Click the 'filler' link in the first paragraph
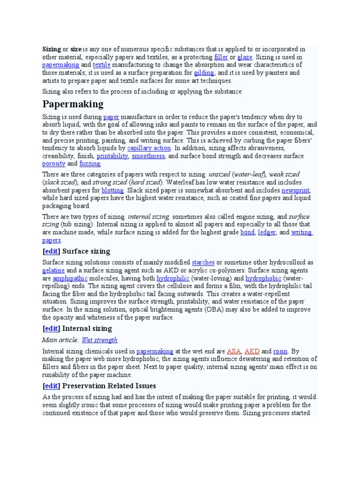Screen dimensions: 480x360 click(221, 57)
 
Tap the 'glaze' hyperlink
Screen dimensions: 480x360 click(245, 57)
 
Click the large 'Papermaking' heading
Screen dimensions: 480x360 click(73, 104)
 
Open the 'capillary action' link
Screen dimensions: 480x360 click(149, 148)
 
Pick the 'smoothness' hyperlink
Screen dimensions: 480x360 click(148, 156)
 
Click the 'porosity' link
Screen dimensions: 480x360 click(53, 164)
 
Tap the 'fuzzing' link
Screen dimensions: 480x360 click(90, 164)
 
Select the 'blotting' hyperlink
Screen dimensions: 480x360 click(112, 191)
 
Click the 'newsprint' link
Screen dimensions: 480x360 click(296, 191)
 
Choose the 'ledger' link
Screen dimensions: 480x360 click(267, 232)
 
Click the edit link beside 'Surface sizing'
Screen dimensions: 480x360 click(52, 252)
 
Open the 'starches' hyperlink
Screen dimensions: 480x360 click(203, 262)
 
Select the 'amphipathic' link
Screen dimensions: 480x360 click(67, 278)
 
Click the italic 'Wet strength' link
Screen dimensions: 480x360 click(99, 340)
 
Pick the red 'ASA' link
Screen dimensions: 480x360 click(233, 351)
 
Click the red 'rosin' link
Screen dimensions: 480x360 click(280, 351)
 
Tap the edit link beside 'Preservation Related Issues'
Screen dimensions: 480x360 click(52, 386)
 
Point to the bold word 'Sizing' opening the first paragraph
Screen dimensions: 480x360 click(52, 49)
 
